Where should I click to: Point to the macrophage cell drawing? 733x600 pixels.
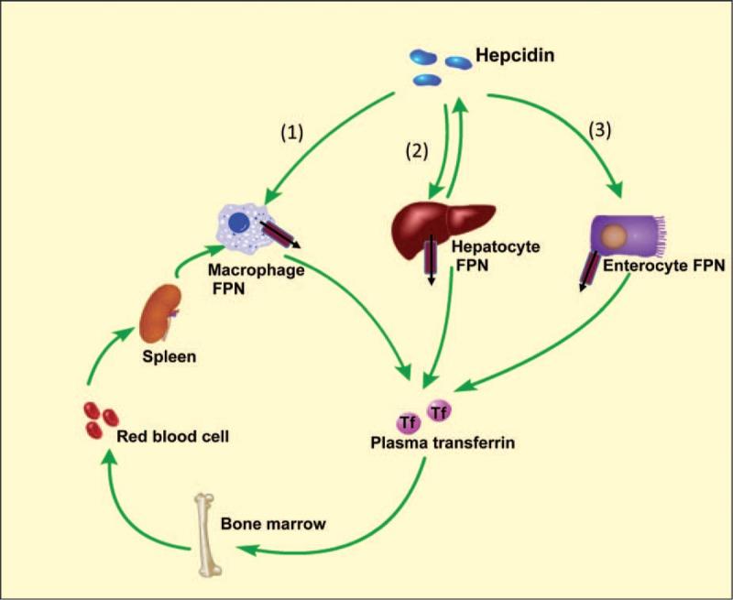[x=244, y=224]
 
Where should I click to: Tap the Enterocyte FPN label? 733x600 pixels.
[x=664, y=267]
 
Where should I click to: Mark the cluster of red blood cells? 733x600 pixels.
[x=94, y=420]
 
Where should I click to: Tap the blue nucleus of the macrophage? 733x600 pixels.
[x=238, y=223]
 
